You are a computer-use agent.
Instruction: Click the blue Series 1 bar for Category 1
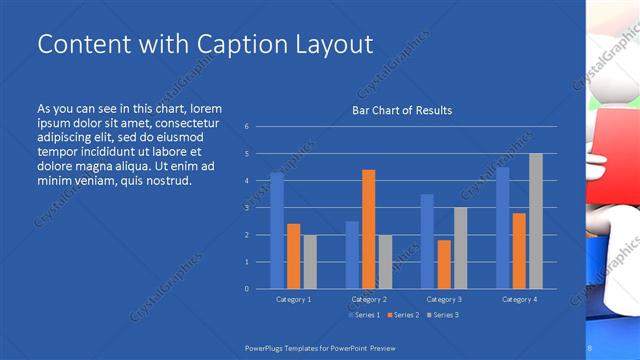pyautogui.click(x=277, y=230)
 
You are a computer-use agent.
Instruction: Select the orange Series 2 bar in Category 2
pyautogui.click(x=368, y=229)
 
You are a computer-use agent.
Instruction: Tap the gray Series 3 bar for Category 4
pyautogui.click(x=535, y=221)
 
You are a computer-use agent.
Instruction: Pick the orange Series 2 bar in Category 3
pyautogui.click(x=443, y=264)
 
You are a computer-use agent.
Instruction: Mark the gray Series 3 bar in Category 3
pyautogui.click(x=460, y=248)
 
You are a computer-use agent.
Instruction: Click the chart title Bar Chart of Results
pyautogui.click(x=402, y=110)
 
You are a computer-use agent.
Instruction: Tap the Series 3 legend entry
pyautogui.click(x=442, y=315)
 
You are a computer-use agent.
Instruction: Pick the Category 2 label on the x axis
pyautogui.click(x=369, y=299)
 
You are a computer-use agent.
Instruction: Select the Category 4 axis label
pyautogui.click(x=519, y=299)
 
